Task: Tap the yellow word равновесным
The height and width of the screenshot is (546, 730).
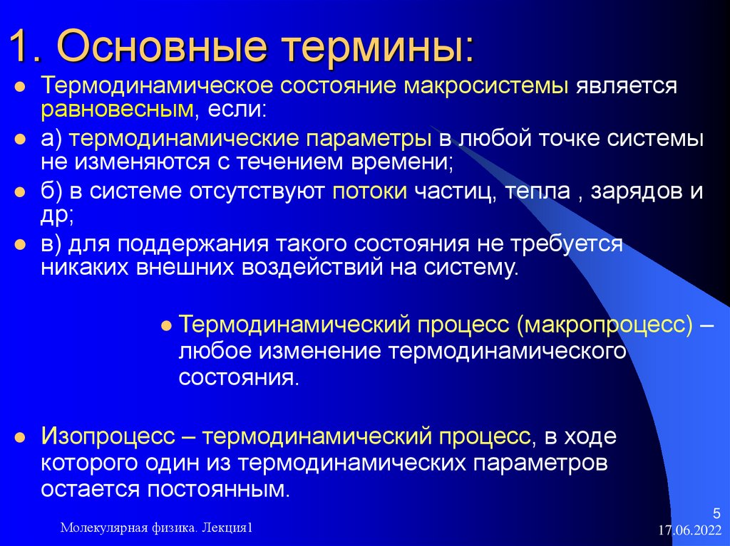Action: click(x=117, y=110)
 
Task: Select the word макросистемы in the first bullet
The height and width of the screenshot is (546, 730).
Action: click(x=486, y=86)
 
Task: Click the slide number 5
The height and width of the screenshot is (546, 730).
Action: click(x=717, y=513)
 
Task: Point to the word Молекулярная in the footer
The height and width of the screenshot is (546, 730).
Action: click(x=104, y=527)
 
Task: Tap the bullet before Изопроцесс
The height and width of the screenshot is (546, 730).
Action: click(x=21, y=437)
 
